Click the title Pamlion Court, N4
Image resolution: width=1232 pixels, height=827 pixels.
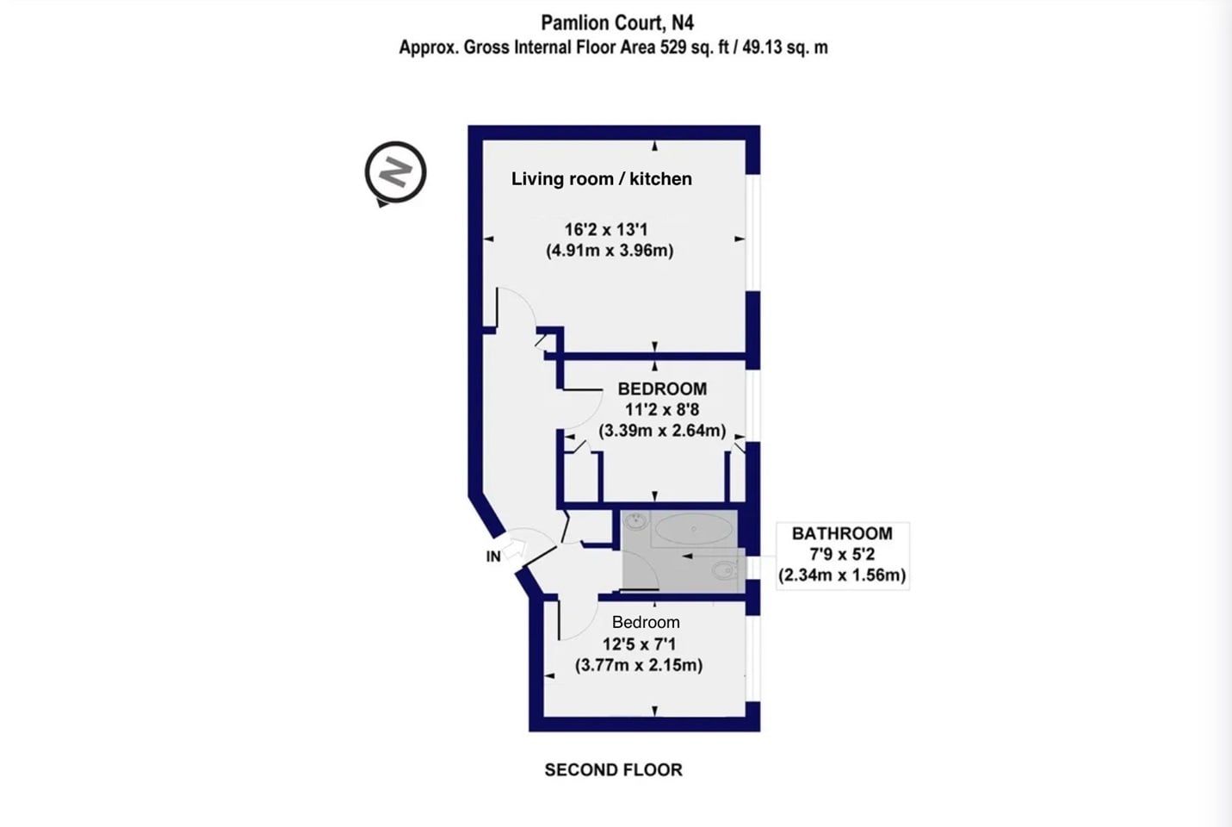pos(617,23)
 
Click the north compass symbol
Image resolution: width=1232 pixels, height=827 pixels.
pos(395,174)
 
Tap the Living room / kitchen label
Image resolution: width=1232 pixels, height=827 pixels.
pos(602,179)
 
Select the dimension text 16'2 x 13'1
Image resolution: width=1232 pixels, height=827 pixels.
pos(606,229)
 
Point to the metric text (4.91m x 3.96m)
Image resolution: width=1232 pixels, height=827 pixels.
pos(610,251)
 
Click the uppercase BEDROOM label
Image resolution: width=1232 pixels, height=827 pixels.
pos(662,389)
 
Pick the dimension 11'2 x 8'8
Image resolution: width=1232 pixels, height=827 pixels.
pos(662,409)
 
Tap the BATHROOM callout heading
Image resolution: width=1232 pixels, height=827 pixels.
pos(842,533)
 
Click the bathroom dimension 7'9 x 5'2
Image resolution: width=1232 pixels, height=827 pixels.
pos(842,554)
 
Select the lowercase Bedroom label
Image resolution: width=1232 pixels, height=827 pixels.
pos(646,622)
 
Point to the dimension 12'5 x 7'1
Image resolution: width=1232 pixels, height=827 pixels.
pos(639,644)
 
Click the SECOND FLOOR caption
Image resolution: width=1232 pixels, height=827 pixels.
pos(613,770)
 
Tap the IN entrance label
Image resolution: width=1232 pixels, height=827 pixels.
pos(493,557)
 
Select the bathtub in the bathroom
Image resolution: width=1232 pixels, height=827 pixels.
pos(694,529)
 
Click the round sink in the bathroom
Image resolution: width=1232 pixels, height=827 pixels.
pos(637,520)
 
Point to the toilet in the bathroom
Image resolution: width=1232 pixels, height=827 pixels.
pos(727,570)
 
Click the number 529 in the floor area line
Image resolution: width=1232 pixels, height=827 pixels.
pos(674,48)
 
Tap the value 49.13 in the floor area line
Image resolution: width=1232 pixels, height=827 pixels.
pos(762,48)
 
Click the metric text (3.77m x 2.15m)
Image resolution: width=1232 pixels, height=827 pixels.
pos(639,665)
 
